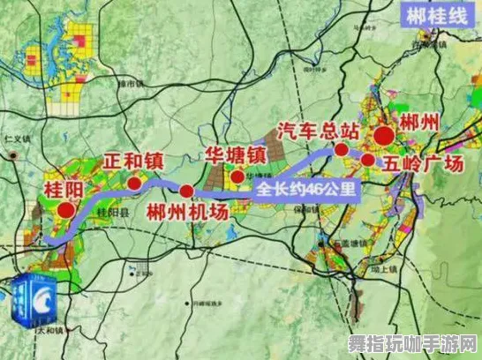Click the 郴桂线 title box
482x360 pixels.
pos(435,16)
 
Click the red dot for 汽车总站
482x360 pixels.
pos(342,150)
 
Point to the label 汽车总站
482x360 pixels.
pos(318,131)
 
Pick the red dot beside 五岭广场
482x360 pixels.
pos(367,160)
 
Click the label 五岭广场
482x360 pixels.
pos(423,163)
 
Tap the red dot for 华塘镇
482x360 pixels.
pos(237,176)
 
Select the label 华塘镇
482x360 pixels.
pos(236,155)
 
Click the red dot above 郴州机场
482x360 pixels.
pos(186,191)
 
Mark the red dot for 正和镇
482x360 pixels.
pos(134,183)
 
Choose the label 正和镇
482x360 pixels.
pos(133,161)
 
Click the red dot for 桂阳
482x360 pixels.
pos(66,210)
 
